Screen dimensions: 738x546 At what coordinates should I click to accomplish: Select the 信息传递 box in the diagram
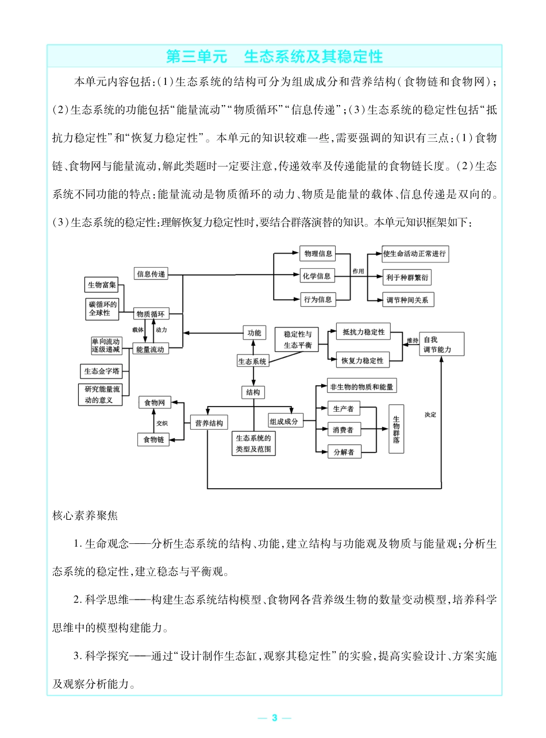coord(151,275)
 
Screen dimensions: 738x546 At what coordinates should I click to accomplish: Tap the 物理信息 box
coord(317,253)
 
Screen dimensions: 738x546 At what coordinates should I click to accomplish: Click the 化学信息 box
coord(317,276)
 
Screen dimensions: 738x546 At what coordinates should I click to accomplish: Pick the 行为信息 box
coord(317,299)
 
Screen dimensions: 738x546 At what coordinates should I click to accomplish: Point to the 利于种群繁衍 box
coord(407,277)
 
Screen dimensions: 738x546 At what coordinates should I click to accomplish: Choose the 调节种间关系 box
coord(408,300)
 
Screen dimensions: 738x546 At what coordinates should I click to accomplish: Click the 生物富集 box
coord(102,285)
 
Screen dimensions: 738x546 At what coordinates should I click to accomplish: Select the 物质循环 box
coord(150,314)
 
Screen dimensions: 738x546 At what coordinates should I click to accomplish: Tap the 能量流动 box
coord(150,349)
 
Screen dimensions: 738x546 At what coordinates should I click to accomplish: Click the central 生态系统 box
coord(252,361)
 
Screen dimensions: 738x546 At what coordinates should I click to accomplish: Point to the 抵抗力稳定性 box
coord(363,332)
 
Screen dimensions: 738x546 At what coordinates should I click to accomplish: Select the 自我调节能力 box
coord(441,344)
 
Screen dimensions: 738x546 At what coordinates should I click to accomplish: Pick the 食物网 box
coord(155,403)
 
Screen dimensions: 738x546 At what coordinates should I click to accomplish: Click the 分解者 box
coord(344,452)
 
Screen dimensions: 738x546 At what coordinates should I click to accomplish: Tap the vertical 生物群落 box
coord(397,429)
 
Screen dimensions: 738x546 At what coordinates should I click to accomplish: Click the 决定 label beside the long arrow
coord(430,414)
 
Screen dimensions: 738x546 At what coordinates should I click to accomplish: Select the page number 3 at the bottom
coord(274,717)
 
